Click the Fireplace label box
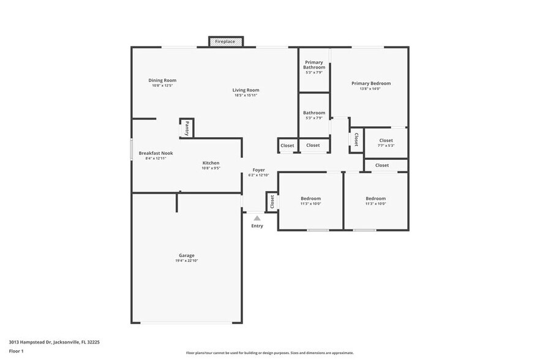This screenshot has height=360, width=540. pos(225,42)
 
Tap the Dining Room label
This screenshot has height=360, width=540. pos(162,80)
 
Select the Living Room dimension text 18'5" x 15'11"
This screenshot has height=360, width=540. pos(246,95)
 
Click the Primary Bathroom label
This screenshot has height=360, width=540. pos(314,65)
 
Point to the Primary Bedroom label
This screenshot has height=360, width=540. pos(370,83)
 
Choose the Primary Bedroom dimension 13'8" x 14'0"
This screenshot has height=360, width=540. pos(370,89)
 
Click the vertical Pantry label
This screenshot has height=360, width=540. pos(187,129)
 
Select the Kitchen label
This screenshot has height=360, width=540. pos(211,163)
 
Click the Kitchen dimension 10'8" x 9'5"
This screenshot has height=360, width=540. pos(211,168)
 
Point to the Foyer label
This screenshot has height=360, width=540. pos(258,170)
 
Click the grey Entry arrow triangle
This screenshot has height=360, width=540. pos(257,218)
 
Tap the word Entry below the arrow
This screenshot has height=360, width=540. pos(257,226)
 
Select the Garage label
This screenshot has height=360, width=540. pos(187,255)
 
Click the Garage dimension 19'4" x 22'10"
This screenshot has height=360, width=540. pos(187,261)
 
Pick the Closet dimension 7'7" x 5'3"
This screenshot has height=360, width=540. pos(386,146)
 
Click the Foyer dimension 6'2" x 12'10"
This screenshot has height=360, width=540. pos(258,175)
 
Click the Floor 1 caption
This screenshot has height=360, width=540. pos(17,351)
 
